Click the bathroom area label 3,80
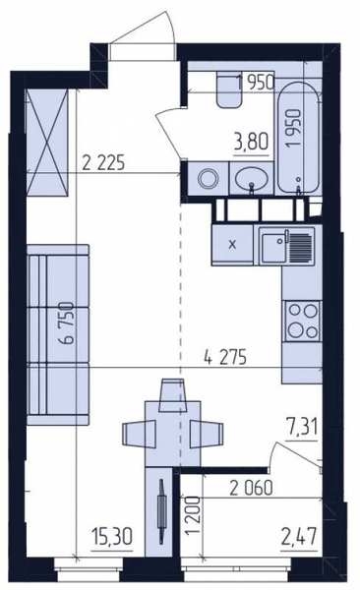coord(251,144)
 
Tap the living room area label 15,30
coord(112,537)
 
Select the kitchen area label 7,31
coord(302,428)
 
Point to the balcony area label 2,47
coord(299,536)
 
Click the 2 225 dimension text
coord(103,163)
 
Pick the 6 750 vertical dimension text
coord(68,323)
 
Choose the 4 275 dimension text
coord(225,357)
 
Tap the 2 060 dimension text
coord(251,489)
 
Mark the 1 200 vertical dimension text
coord(193,515)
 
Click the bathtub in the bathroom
coord(299,138)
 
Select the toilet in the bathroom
coord(228,90)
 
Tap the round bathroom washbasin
coord(251,179)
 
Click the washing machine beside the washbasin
coord(208,178)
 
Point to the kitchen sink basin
coord(273,248)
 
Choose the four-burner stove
coord(302,321)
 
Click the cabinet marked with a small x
coord(232,245)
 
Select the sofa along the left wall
coord(58,335)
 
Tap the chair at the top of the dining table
coord(173,395)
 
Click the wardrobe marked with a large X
coord(47,143)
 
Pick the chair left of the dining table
coord(139,434)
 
